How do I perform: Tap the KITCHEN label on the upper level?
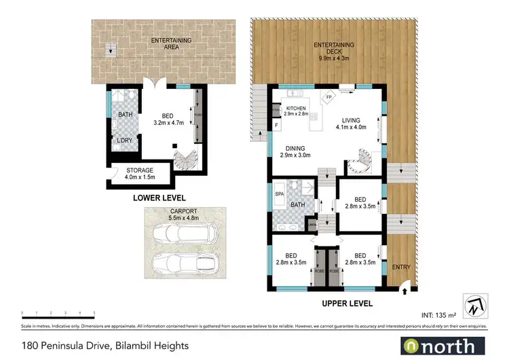pos(296,111)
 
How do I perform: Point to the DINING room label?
pos(295,151)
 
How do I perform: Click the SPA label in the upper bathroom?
pos(278,194)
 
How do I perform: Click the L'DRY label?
pos(124,141)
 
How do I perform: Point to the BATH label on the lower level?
pos(126,115)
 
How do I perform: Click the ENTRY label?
pos(402,268)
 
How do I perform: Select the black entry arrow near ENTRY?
pos(405,291)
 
